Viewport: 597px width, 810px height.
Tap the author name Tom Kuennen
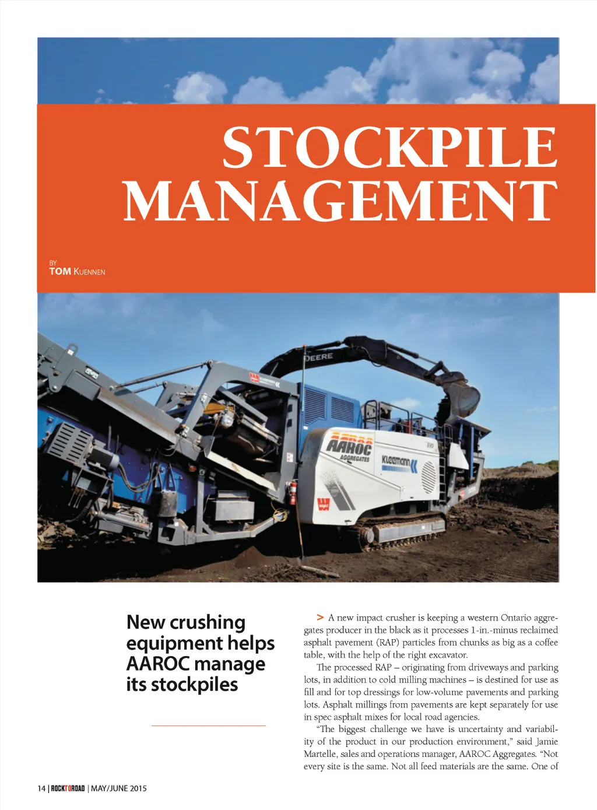(77, 271)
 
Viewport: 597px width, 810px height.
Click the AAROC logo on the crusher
(349, 446)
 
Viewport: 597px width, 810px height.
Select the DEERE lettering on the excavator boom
(319, 356)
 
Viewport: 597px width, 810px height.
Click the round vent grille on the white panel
(429, 476)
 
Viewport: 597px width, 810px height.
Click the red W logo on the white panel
(324, 504)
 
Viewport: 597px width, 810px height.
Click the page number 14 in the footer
(41, 788)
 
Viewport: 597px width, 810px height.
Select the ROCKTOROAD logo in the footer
(68, 788)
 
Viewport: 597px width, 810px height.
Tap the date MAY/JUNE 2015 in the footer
(119, 788)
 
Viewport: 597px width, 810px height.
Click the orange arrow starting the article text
(320, 617)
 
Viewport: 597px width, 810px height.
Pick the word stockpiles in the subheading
(194, 684)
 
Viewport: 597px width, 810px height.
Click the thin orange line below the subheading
(208, 725)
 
